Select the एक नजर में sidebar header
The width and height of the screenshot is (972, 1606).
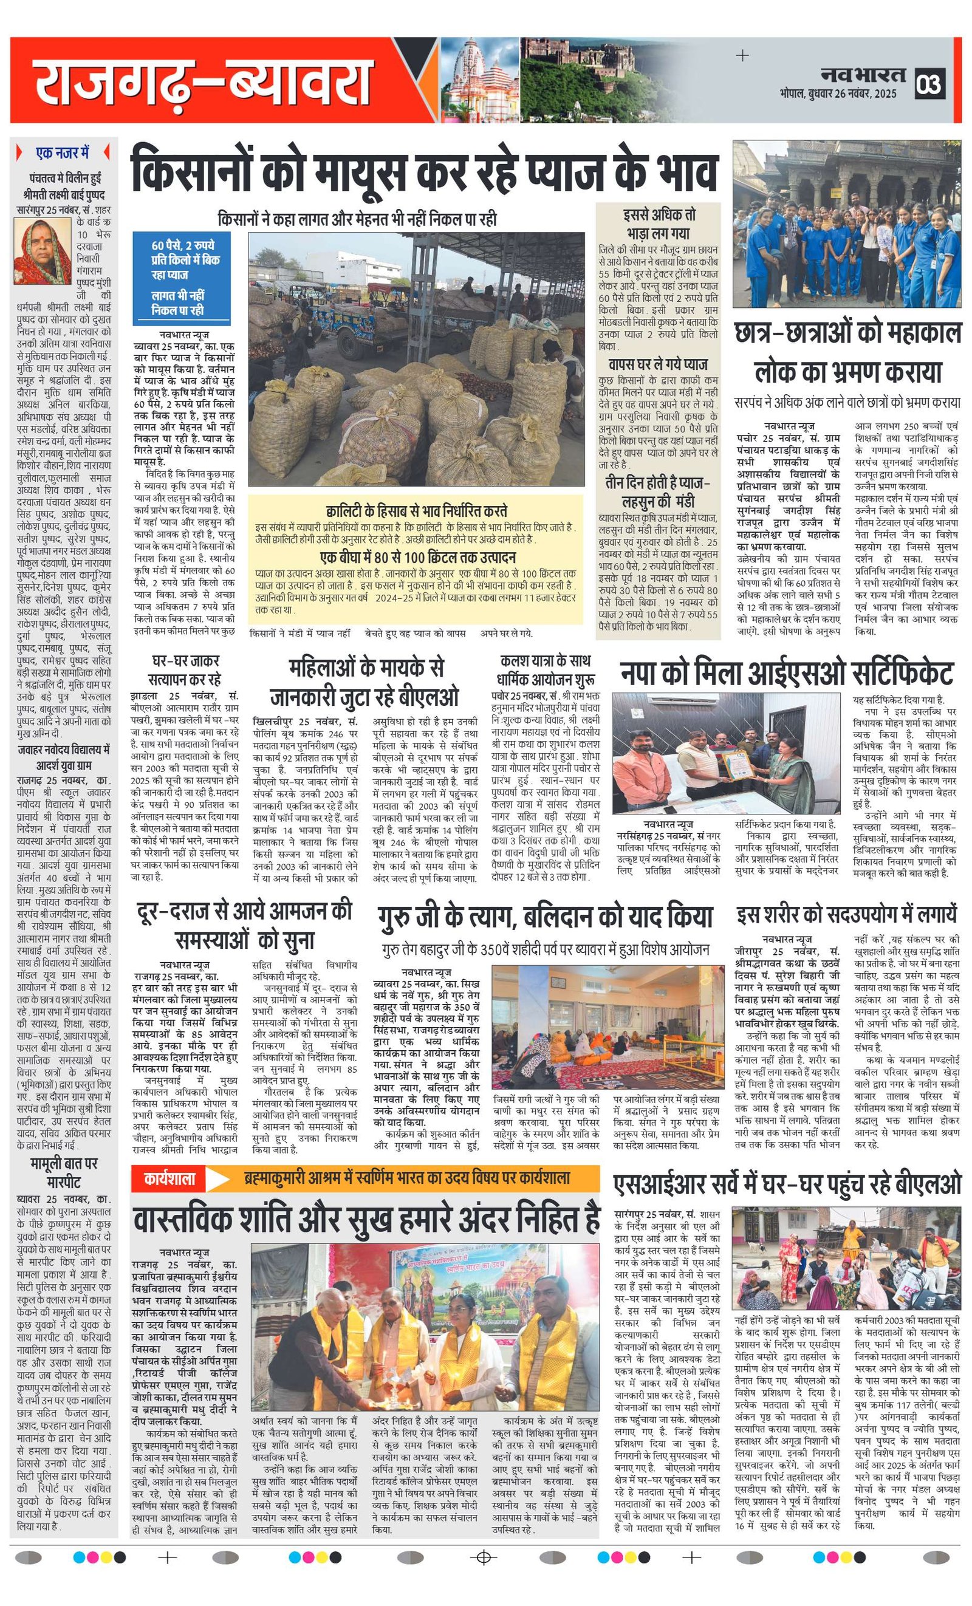point(63,153)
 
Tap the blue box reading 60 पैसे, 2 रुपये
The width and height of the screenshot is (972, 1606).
point(182,277)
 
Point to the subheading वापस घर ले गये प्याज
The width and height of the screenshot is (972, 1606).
point(657,364)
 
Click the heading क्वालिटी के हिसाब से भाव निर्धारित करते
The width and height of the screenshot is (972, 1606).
point(416,510)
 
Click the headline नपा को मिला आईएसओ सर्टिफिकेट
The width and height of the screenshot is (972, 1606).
point(786,673)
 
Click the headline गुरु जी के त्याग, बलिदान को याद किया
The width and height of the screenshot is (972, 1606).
point(544,917)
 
